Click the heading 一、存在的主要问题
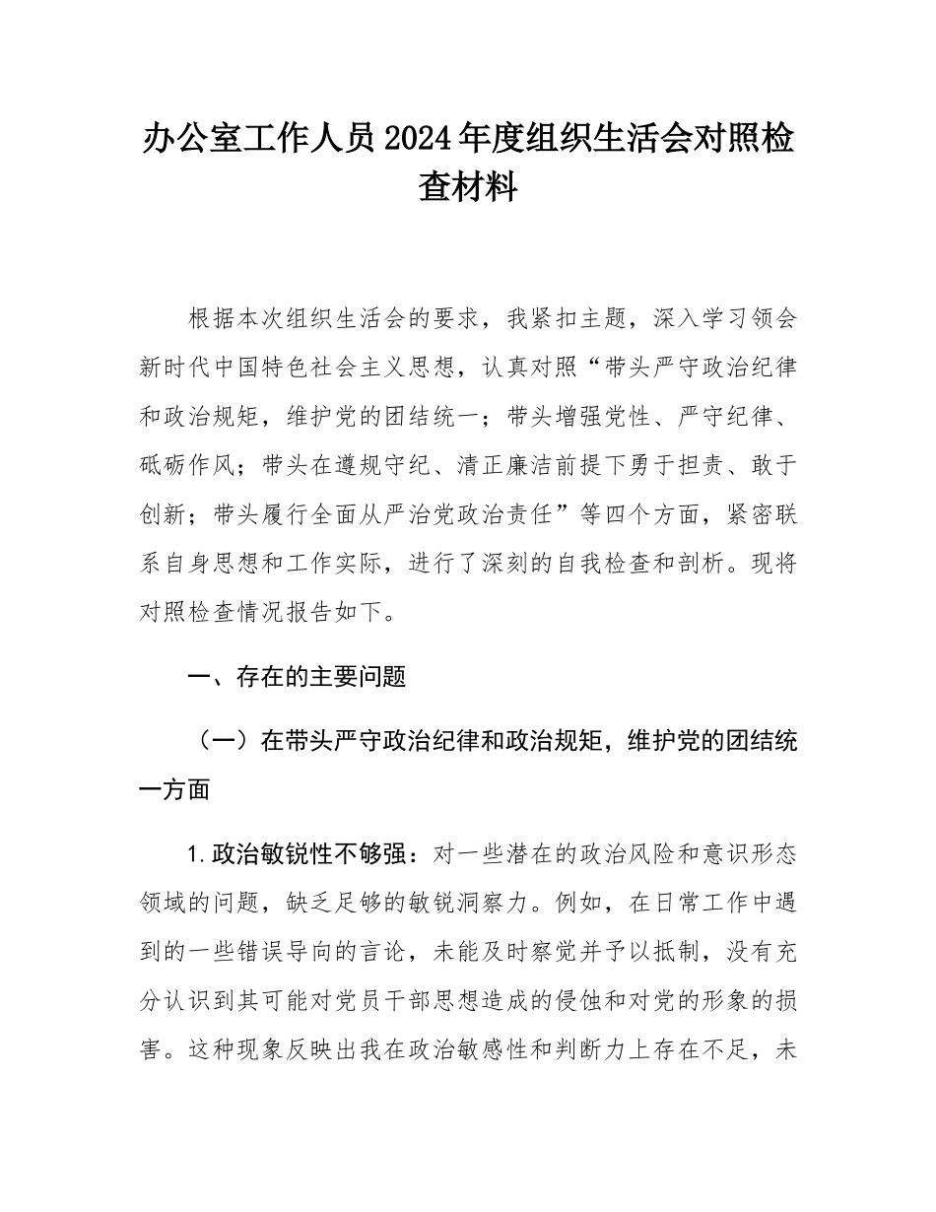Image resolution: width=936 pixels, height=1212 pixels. coord(297,677)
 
